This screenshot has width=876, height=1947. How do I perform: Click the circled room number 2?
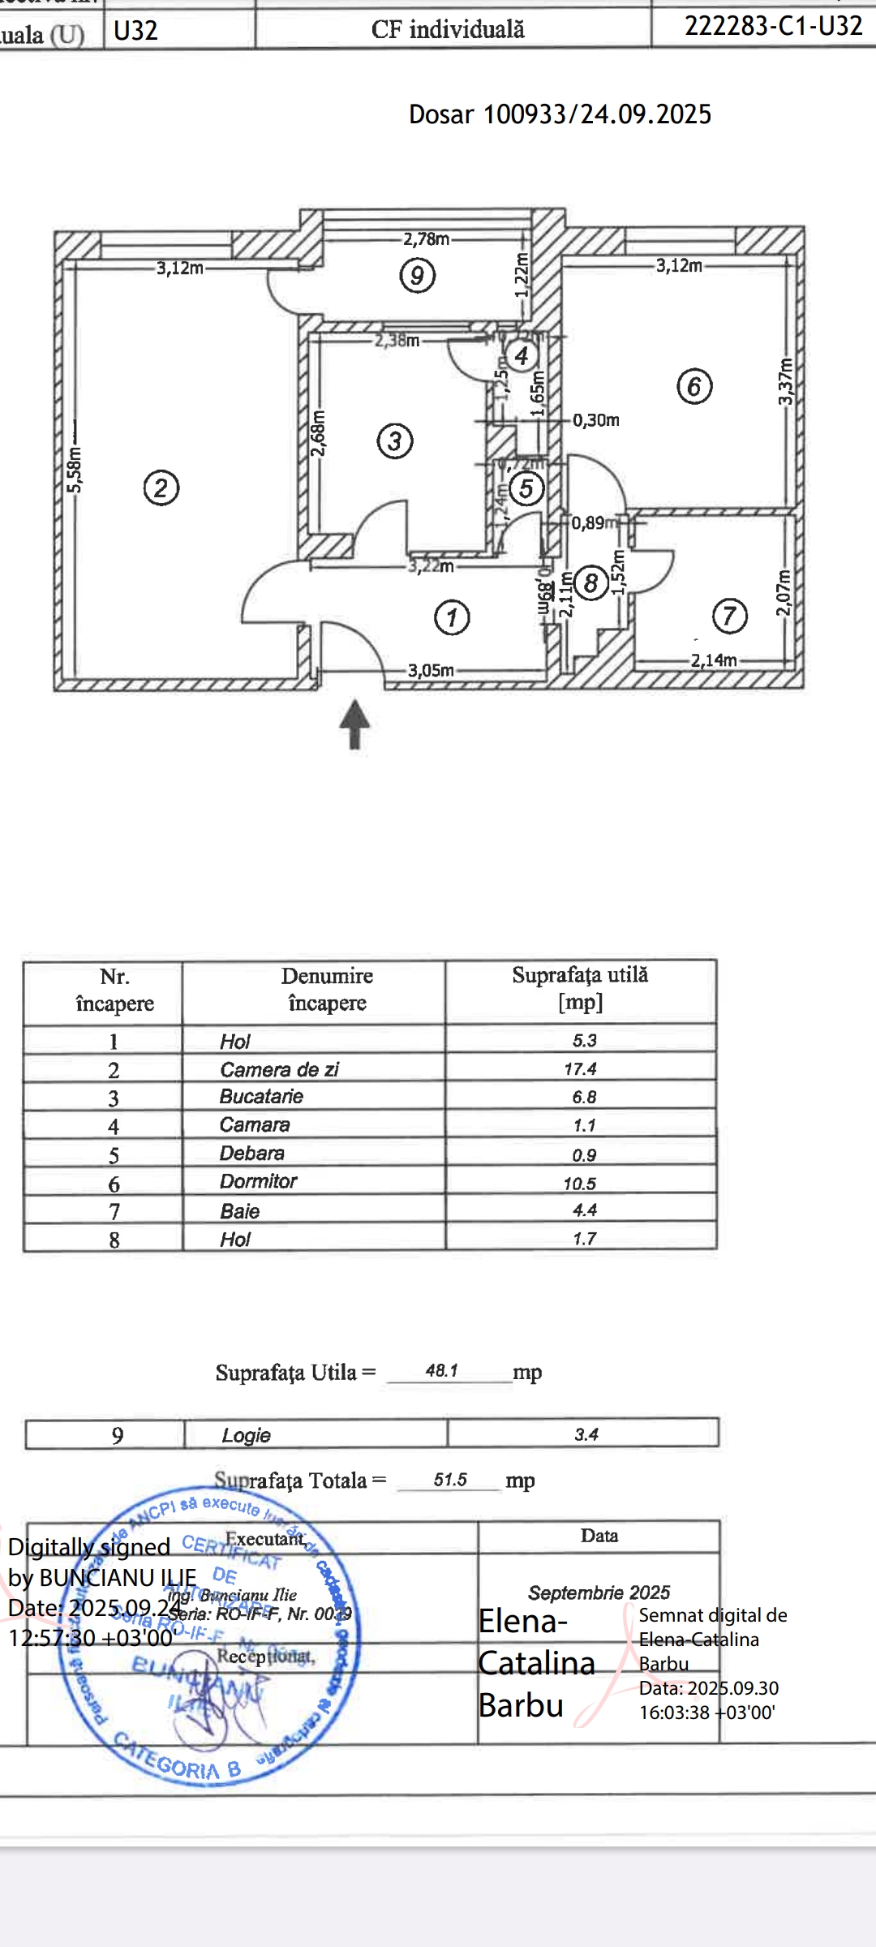pos(161,488)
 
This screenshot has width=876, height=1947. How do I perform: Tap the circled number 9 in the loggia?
pos(418,275)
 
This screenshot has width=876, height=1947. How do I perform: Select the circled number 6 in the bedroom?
pos(694,386)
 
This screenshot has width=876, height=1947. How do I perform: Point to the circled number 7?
pos(729,617)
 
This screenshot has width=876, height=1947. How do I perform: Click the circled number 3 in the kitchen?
pos(395,441)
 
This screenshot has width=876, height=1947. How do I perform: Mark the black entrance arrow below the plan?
pos(354,724)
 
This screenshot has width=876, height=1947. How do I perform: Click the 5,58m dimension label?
pos(74,469)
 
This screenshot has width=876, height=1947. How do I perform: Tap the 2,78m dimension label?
pos(426,239)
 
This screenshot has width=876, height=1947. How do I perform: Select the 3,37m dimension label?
pos(785,381)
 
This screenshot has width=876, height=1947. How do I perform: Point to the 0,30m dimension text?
pos(596,420)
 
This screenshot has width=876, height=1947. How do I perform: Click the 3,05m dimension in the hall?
pos(431,670)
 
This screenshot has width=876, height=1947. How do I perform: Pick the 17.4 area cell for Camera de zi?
pos(580,1069)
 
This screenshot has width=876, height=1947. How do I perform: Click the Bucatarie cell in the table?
pos(261,1097)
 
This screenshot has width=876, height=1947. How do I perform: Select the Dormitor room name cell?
pos(259,1181)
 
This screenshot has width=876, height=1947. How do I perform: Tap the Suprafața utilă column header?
pos(580,988)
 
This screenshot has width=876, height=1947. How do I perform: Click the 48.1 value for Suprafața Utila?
pos(442,1370)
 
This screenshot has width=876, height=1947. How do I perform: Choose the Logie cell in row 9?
pos(247,1435)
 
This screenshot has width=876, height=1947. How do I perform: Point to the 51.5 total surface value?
pos(450,1480)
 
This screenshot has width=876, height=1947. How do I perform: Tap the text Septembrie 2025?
pos(599,1592)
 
